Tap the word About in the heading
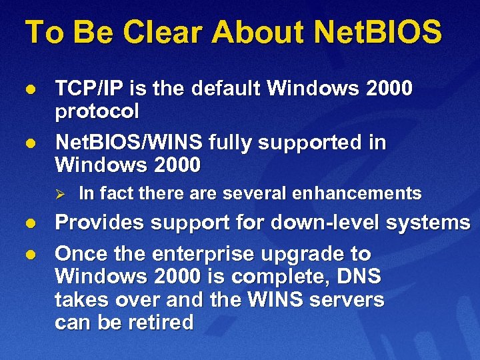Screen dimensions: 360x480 [256, 32]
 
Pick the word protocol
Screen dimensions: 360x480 [97, 111]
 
